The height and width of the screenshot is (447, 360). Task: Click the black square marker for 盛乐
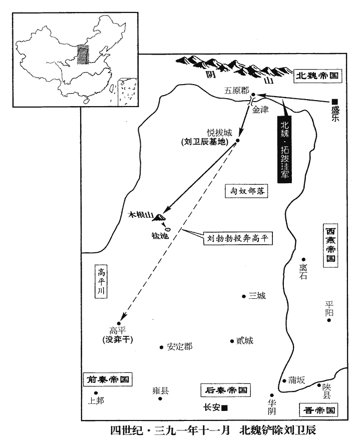(334, 102)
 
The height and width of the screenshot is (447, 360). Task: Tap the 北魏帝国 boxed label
(317, 76)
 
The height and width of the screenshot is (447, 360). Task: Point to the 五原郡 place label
(236, 91)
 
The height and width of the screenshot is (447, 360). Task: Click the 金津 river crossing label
(260, 110)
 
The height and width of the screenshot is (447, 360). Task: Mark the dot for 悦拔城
(237, 140)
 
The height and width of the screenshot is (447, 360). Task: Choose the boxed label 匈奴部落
(247, 191)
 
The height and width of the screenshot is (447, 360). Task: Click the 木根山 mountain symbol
(158, 218)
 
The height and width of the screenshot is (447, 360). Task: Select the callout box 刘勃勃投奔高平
(238, 238)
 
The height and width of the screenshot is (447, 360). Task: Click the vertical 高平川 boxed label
(101, 281)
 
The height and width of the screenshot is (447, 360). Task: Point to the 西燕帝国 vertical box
(330, 245)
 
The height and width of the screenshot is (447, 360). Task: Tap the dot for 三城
(244, 296)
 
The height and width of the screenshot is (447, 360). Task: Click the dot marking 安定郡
(161, 347)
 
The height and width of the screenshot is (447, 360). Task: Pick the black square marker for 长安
(225, 408)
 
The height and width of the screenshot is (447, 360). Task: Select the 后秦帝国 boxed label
(226, 390)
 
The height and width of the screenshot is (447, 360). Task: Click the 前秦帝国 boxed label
(108, 379)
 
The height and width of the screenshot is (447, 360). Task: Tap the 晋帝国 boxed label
(318, 410)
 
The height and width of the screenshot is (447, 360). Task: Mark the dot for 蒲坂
(284, 381)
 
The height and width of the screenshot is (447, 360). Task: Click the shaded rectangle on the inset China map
(83, 55)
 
